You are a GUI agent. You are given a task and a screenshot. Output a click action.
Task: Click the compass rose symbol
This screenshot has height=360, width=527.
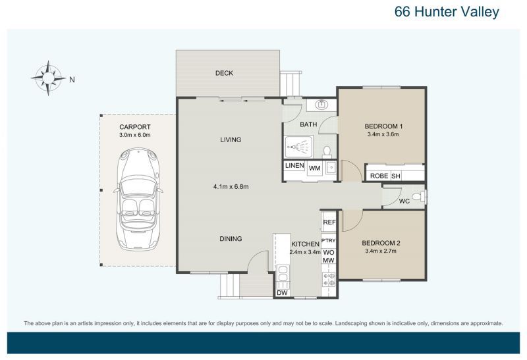click(48, 78)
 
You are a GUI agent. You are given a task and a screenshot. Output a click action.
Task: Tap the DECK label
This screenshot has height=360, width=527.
click(224, 73)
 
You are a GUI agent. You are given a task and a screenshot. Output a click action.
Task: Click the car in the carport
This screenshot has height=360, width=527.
click(138, 199)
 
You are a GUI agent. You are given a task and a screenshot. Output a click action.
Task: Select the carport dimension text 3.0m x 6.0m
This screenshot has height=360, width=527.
click(135, 135)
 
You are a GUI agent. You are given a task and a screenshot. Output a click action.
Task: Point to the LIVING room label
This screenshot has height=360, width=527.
click(231, 140)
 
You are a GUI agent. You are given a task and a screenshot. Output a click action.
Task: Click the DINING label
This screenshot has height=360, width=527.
click(231, 239)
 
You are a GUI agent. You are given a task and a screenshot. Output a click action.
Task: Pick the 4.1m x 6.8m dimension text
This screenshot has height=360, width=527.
click(231, 187)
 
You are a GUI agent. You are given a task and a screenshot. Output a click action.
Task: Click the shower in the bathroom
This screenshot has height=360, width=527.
click(299, 147)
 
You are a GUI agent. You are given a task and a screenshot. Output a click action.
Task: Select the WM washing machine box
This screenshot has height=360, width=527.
click(315, 168)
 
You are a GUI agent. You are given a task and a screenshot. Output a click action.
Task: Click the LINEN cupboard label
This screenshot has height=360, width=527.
click(294, 166)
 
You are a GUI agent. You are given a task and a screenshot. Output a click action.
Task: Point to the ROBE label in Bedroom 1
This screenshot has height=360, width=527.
click(379, 176)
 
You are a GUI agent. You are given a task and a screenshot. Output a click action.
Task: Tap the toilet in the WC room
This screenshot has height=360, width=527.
click(419, 197)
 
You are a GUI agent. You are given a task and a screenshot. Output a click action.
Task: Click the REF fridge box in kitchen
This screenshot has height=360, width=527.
click(329, 222)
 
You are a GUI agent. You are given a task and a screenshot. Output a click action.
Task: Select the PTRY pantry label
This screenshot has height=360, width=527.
click(328, 240)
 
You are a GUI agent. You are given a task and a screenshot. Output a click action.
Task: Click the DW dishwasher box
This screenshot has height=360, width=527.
click(283, 293)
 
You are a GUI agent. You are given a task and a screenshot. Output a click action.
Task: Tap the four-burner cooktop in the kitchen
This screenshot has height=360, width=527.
click(329, 280)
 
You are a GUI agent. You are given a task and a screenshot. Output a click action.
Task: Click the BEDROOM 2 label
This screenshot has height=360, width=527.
click(381, 243)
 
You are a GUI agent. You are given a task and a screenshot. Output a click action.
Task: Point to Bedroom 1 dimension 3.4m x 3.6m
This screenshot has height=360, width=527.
click(383, 134)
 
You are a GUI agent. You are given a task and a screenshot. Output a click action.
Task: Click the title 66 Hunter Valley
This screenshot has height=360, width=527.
click(447, 12)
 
